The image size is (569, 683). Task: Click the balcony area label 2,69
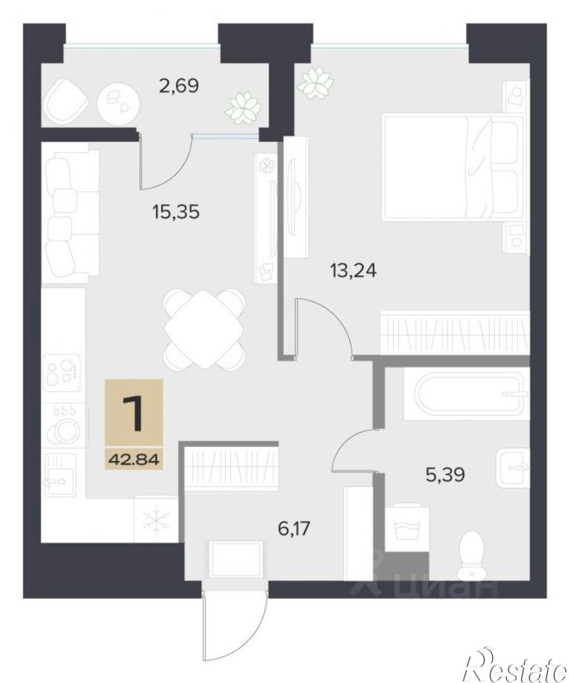(x=179, y=85)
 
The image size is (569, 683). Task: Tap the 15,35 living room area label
(x=176, y=213)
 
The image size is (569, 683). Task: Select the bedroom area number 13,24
(x=353, y=271)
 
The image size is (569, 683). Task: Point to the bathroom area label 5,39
(x=445, y=474)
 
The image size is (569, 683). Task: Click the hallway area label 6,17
(x=294, y=529)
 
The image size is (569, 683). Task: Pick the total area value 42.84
(x=134, y=459)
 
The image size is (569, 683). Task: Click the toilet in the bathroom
(x=472, y=551)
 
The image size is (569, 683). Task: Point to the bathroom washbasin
(x=512, y=467)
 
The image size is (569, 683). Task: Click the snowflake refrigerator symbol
(x=156, y=519)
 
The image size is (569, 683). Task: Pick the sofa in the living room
(x=70, y=213)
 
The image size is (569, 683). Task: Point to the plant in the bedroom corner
(x=316, y=82)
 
